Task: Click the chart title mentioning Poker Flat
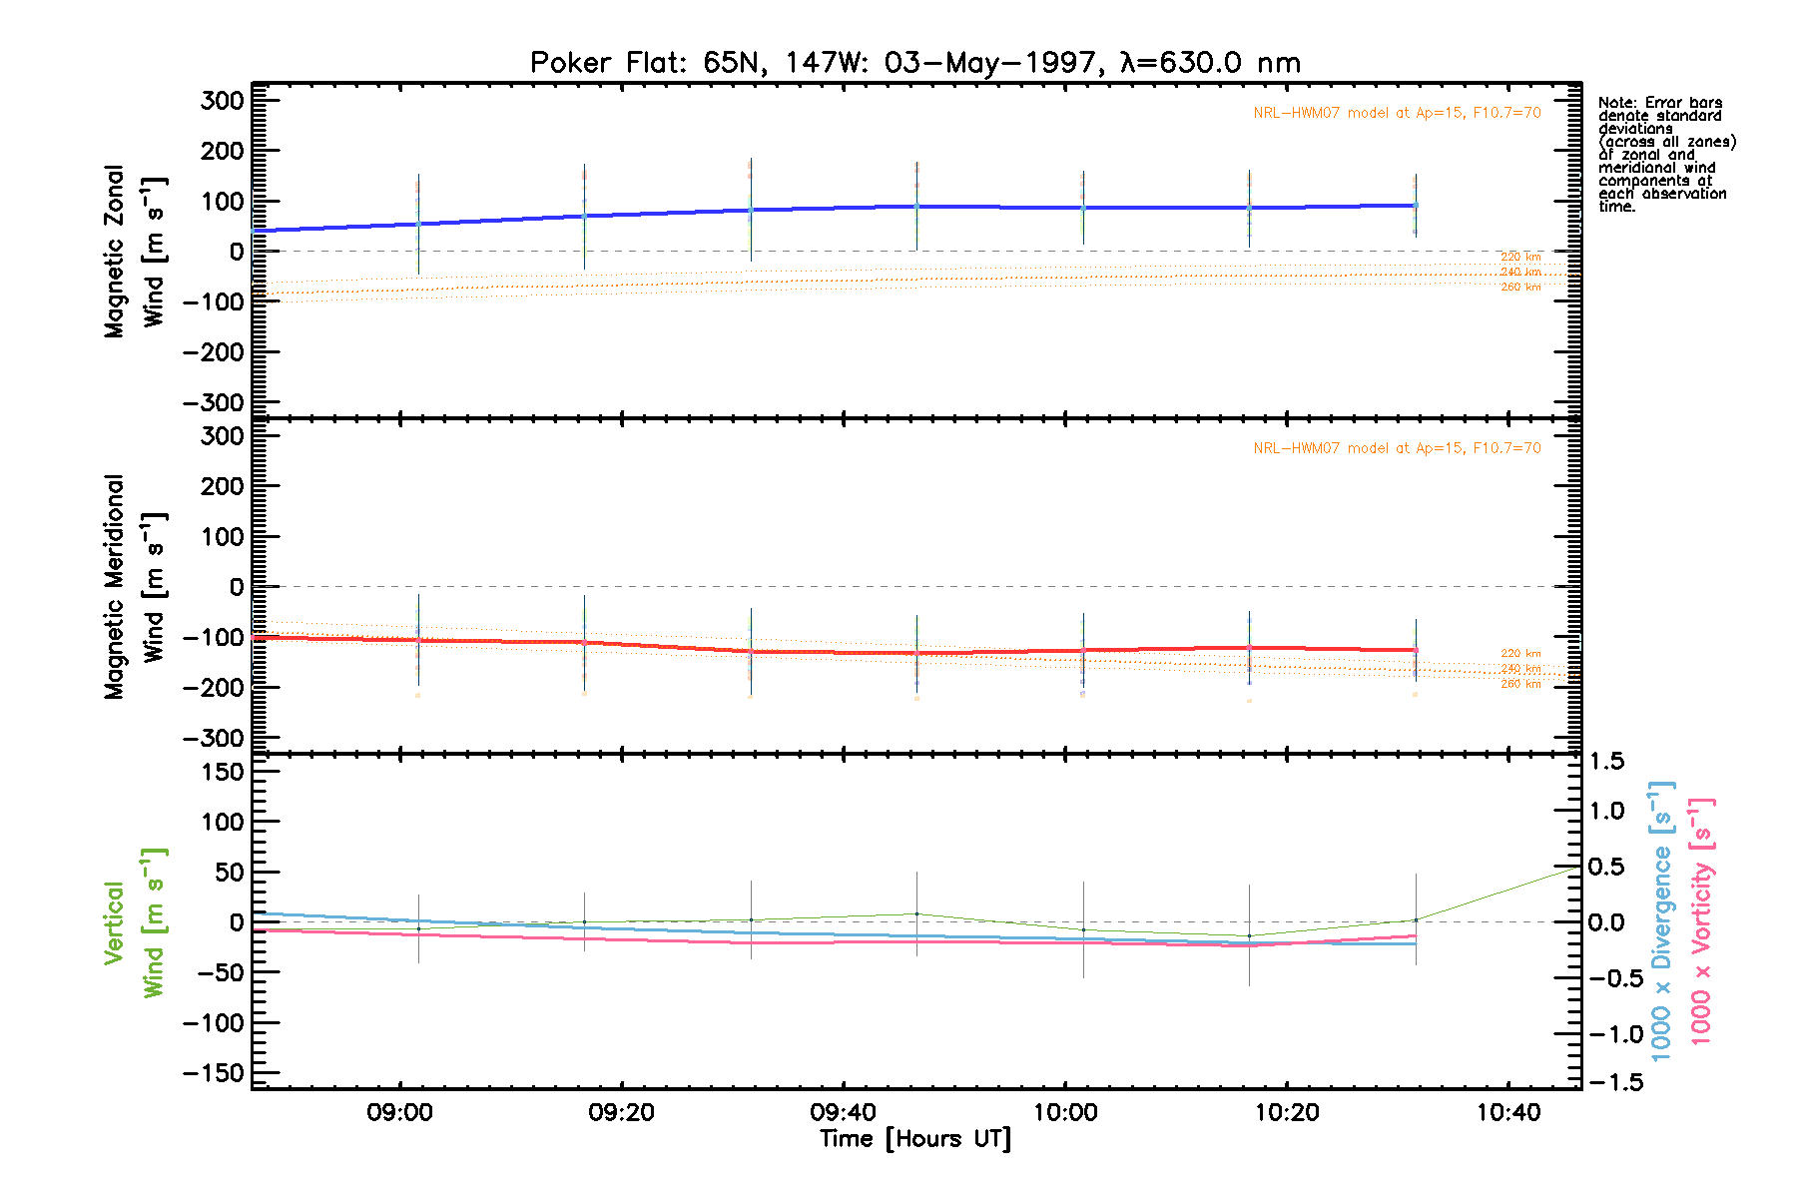pyautogui.click(x=914, y=63)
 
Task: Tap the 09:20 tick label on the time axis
pyautogui.click(x=621, y=1113)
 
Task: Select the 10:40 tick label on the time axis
pyautogui.click(x=1508, y=1113)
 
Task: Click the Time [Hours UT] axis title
pyautogui.click(x=914, y=1139)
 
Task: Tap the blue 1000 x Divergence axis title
pyautogui.click(x=1661, y=922)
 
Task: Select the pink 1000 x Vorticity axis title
pyautogui.click(x=1701, y=922)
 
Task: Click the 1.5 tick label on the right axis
pyautogui.click(x=1606, y=762)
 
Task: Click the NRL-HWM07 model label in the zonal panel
pyautogui.click(x=1397, y=113)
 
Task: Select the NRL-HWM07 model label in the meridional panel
pyautogui.click(x=1397, y=448)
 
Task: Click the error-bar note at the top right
pyautogui.click(x=1666, y=154)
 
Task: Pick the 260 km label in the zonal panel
pyautogui.click(x=1520, y=288)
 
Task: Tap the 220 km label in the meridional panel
pyautogui.click(x=1520, y=654)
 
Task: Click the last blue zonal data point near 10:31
pyautogui.click(x=1415, y=206)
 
